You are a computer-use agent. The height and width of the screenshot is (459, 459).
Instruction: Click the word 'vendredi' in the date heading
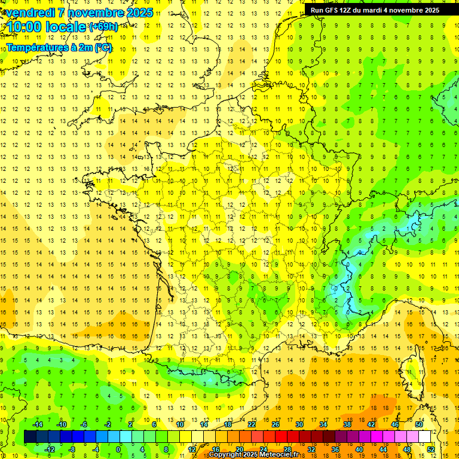tap(30, 13)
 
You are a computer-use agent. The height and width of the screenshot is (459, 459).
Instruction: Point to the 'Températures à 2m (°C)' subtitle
tap(59, 47)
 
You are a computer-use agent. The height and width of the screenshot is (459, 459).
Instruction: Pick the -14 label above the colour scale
tap(37, 424)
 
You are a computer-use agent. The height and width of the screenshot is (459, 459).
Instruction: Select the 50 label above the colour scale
tap(419, 424)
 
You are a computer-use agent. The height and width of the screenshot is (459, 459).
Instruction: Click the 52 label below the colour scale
tap(431, 449)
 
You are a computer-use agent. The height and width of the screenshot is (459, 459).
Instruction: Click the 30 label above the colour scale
tap(299, 424)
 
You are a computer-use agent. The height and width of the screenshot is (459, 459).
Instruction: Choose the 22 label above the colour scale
tap(252, 424)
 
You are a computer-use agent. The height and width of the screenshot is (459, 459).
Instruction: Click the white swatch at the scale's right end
tap(425, 437)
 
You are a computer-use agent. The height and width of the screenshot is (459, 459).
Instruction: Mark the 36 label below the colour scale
tap(335, 449)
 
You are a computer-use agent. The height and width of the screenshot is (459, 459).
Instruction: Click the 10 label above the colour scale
tap(179, 424)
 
